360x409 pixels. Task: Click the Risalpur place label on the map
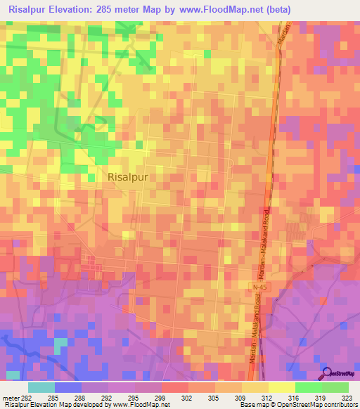tap(129, 177)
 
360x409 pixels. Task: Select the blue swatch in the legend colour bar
tap(68, 387)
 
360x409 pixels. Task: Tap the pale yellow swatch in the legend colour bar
tap(282, 387)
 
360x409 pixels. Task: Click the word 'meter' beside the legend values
tap(12, 398)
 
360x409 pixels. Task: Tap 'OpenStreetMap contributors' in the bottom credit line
tap(320, 405)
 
